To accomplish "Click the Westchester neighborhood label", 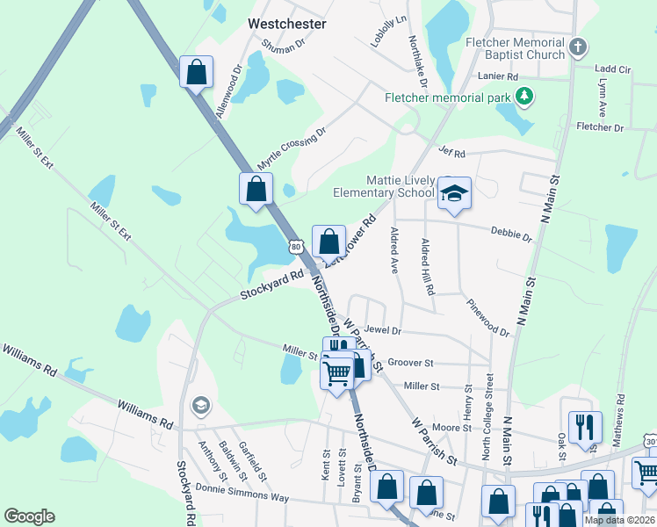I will (287, 24).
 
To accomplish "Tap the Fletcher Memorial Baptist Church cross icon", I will (577, 47).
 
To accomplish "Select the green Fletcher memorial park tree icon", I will (524, 96).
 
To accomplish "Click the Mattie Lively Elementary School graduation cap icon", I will (454, 193).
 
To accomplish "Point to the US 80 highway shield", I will (296, 248).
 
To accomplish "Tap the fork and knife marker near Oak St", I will (585, 427).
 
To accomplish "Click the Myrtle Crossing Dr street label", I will (292, 148).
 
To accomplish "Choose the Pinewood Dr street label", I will (487, 316).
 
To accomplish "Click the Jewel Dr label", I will (384, 330).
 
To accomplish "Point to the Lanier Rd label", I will (499, 76).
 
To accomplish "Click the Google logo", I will (29, 516).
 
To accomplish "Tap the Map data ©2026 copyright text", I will (619, 520).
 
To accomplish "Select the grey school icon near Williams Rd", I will (200, 405).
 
